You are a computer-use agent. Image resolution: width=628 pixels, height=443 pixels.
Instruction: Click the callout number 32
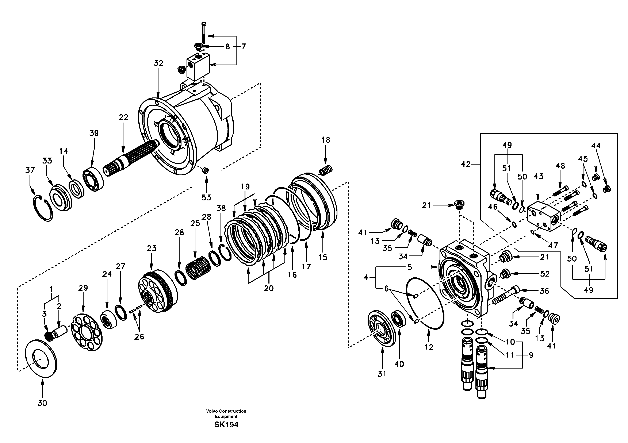click(x=158, y=63)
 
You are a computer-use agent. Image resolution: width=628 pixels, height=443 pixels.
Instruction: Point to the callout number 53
click(x=206, y=197)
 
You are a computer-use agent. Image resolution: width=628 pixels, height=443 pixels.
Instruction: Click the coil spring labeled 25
click(x=198, y=268)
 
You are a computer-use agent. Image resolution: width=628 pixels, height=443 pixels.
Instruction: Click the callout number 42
click(x=466, y=164)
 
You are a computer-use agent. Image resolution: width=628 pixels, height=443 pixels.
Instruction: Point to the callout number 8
click(x=227, y=46)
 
